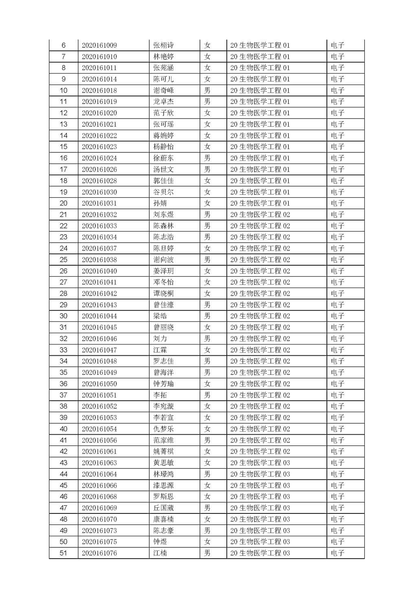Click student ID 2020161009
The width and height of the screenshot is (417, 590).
tap(99, 45)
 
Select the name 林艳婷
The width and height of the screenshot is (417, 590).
tap(163, 57)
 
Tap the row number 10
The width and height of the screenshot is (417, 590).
tap(64, 90)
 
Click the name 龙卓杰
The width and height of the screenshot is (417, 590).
tap(163, 102)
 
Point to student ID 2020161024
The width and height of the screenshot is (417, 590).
tap(99, 158)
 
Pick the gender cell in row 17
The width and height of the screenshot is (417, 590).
tap(207, 170)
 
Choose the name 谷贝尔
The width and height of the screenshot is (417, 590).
tap(163, 192)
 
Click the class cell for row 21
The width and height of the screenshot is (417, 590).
tap(260, 214)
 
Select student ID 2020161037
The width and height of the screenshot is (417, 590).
tap(99, 248)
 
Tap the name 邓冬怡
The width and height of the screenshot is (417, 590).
tap(163, 282)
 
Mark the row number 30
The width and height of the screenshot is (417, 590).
tap(64, 316)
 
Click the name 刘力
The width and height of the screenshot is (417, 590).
tap(160, 339)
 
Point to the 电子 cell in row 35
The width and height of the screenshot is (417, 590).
tap(338, 372)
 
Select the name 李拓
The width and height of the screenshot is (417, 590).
tap(160, 395)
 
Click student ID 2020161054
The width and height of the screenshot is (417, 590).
tap(99, 429)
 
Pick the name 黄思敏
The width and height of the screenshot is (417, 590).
tap(163, 463)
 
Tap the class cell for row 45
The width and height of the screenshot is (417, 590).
tap(260, 485)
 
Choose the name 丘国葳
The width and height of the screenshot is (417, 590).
tap(163, 508)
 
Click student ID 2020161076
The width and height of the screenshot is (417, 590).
tap(99, 553)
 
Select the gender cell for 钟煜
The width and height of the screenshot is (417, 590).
tap(207, 542)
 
